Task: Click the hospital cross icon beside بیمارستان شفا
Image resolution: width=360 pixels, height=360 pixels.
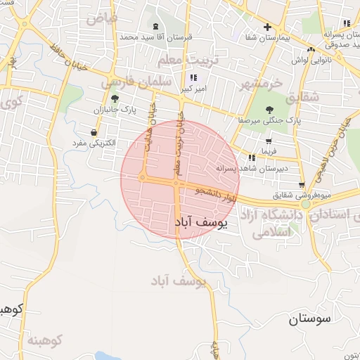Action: coord(267,27)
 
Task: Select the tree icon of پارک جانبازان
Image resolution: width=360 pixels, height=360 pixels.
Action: coord(115,98)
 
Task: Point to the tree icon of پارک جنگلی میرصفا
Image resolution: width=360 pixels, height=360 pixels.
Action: coord(270,109)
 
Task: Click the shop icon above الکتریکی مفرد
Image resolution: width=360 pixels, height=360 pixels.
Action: coord(94,131)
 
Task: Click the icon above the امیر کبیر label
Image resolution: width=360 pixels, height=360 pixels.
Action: coord(193,77)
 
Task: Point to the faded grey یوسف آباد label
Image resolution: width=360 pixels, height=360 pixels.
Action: coord(178,281)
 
